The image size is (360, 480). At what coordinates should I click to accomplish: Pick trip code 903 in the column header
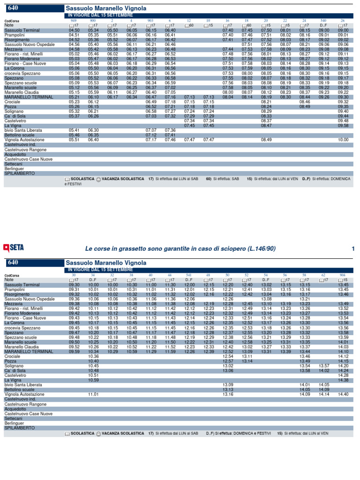[150, 21]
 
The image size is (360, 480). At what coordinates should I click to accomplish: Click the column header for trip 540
[323, 21]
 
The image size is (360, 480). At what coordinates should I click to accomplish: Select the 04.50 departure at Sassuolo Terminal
[74, 30]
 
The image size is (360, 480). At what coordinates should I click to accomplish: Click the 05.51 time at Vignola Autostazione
[74, 140]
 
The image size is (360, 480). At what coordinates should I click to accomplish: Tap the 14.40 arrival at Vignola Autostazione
[343, 394]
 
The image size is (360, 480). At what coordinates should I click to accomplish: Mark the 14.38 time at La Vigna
[343, 380]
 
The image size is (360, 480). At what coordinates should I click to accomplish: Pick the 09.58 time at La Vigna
[343, 126]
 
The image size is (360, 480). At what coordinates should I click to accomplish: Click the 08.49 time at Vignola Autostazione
[266, 140]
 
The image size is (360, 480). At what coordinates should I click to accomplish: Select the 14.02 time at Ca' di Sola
[324, 370]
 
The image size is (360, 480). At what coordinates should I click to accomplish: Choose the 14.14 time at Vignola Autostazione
[324, 394]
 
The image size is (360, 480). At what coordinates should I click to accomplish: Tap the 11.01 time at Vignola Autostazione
[93, 394]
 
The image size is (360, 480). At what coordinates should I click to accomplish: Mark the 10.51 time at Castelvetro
[93, 375]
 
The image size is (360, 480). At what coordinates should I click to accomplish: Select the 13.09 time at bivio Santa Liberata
[228, 384]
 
